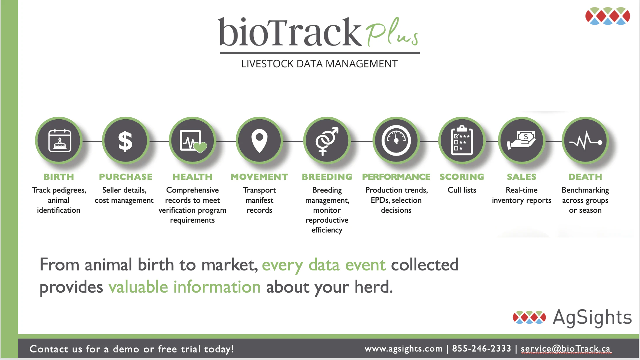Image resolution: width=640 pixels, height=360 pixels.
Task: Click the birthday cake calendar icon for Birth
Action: tap(59, 141)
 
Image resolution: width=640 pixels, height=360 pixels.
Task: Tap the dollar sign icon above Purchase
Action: tap(125, 141)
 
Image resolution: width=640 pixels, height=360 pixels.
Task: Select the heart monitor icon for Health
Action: tap(193, 141)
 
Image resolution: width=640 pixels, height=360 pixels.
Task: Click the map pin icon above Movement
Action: tap(259, 141)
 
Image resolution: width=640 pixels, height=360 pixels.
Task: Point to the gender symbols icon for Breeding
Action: tap(327, 141)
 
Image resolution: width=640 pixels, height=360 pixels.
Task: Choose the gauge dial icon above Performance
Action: tap(396, 141)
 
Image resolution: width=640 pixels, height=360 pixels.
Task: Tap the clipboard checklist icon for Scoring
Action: tap(462, 141)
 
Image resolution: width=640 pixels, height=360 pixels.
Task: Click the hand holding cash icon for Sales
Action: tap(522, 141)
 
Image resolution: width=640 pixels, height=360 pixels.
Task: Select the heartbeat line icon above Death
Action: tap(585, 141)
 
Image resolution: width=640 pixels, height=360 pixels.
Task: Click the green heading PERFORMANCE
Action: tap(396, 177)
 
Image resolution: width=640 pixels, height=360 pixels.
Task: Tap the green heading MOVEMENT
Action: tap(259, 177)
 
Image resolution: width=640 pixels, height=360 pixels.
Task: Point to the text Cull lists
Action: tap(462, 190)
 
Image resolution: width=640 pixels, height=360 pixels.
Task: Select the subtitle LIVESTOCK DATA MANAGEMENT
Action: tap(319, 64)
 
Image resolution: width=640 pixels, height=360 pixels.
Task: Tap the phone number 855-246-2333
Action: tap(482, 349)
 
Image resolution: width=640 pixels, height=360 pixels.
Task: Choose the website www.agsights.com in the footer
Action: tap(403, 349)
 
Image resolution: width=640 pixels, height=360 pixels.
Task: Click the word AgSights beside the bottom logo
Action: tap(592, 317)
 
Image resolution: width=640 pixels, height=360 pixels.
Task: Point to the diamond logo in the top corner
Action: tap(608, 16)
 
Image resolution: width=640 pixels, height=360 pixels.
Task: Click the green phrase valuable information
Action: tap(184, 287)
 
